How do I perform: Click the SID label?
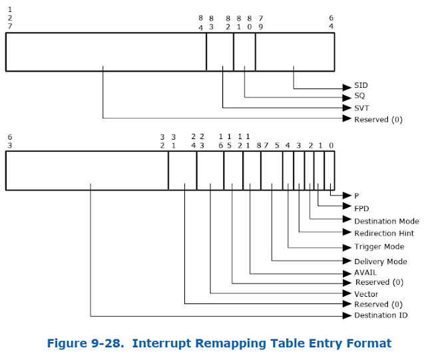361,86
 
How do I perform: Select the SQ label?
360,96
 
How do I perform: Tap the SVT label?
362,107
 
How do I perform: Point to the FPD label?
361,208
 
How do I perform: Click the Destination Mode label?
387,221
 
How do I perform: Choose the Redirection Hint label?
384,234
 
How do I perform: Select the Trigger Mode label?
379,247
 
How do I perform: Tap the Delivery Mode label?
381,262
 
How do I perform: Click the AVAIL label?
365,272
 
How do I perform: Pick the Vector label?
366,293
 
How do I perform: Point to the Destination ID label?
381,315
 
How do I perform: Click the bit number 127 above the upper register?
10,17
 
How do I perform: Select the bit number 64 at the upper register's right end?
331,21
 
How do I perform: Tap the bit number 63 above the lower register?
10,140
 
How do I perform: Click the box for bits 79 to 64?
294,52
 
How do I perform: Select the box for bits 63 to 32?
87,171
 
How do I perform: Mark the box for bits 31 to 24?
182,171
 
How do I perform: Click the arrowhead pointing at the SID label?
347,87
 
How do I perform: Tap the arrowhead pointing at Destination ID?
347,315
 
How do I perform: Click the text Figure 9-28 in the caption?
84,343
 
